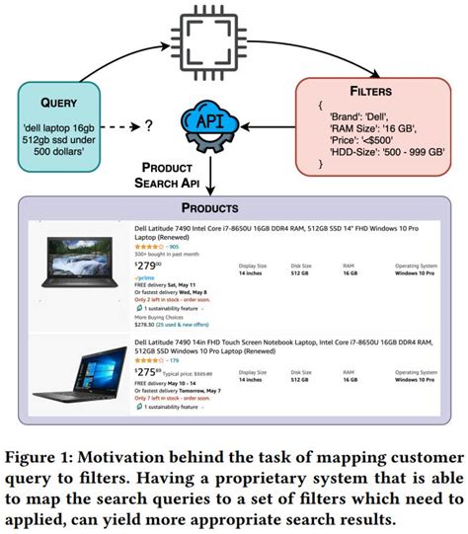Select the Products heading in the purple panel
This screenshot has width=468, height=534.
pos(235,207)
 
